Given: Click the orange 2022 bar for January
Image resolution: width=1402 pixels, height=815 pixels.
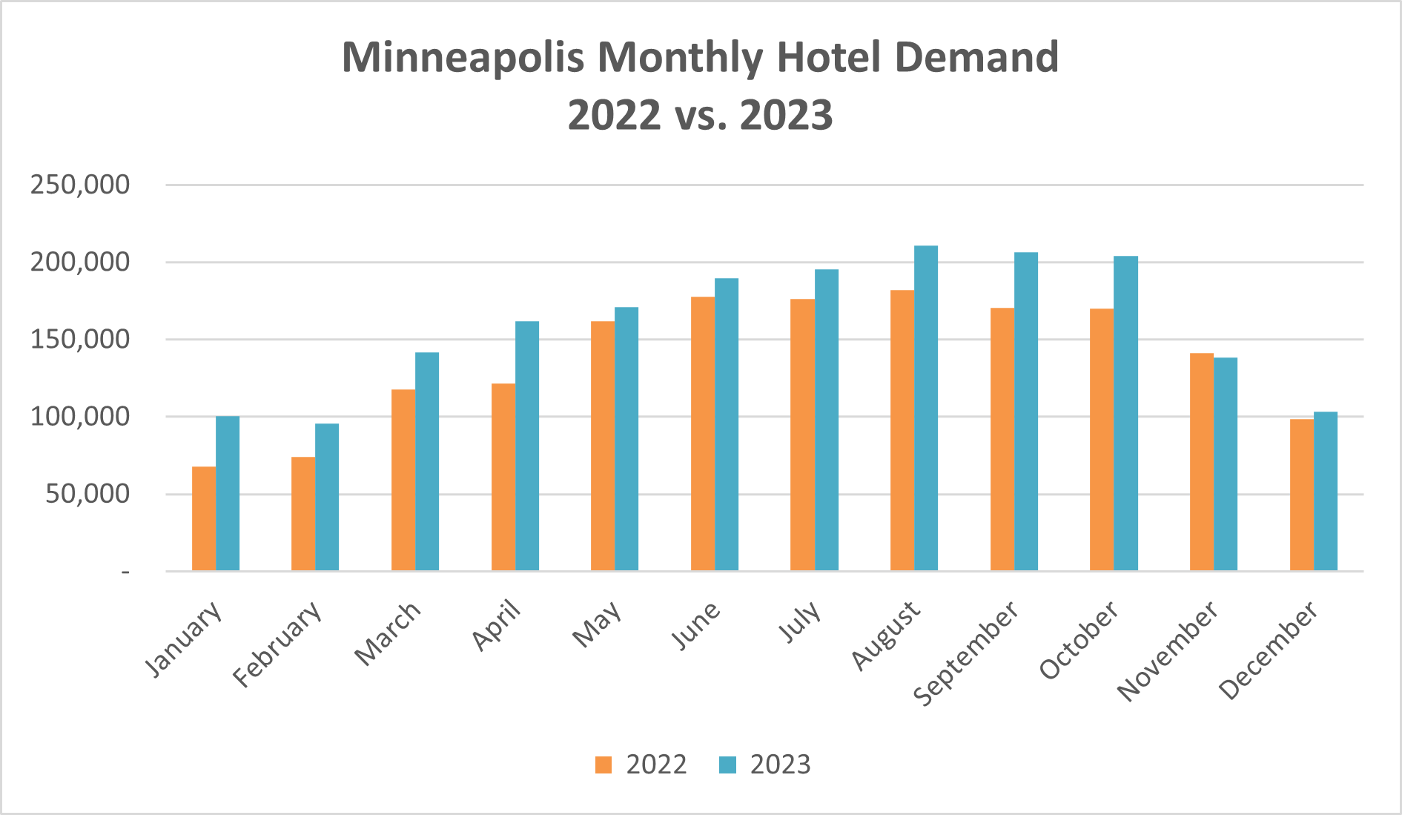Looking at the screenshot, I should [x=204, y=518].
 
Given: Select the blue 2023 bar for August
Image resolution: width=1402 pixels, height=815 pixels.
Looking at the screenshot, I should [x=926, y=408].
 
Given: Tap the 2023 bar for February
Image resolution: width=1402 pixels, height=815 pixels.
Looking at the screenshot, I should [x=327, y=497].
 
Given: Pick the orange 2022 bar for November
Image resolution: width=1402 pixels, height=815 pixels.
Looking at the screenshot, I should [x=1201, y=462].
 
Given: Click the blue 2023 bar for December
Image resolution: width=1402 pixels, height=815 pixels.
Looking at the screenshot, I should [x=1326, y=491].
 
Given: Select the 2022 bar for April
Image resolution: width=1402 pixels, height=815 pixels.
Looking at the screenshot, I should [x=503, y=477].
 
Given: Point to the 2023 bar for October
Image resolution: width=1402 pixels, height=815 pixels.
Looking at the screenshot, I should [x=1125, y=413].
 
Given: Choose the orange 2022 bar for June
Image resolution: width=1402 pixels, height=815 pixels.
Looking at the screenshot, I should [x=703, y=434].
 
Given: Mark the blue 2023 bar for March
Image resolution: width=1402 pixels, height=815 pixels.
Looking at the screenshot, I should [x=427, y=461].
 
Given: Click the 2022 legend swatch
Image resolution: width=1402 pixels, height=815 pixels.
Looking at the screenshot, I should [x=604, y=765].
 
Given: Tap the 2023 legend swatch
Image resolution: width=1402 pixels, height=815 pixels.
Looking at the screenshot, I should [x=727, y=765].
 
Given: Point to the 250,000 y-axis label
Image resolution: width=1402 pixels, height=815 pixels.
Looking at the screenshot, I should [x=80, y=185].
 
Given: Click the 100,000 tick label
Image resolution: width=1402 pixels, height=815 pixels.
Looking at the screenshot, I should [x=80, y=417].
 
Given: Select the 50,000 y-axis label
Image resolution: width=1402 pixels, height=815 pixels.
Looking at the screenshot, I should [x=87, y=494].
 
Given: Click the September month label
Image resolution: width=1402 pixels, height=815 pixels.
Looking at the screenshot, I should [x=966, y=653].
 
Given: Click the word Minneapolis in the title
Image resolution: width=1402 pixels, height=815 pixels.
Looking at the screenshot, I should [x=463, y=58].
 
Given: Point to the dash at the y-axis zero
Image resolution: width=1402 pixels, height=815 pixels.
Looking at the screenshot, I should [x=126, y=572].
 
